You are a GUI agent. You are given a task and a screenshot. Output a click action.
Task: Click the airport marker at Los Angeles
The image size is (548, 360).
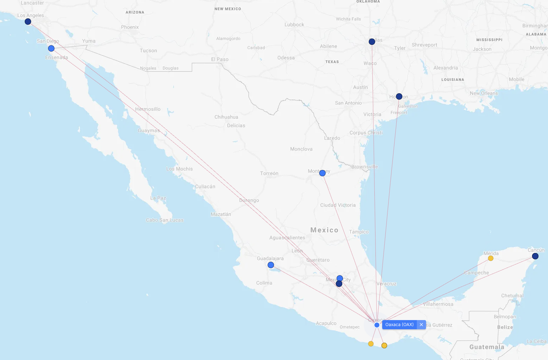[28, 22]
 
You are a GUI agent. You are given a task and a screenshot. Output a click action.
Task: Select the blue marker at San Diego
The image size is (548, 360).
[51, 48]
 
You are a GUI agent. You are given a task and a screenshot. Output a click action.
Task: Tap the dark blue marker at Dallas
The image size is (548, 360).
[372, 42]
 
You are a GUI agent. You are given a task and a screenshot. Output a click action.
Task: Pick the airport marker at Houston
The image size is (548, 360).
[399, 96]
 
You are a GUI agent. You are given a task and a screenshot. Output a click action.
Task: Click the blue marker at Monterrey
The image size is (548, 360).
[322, 173]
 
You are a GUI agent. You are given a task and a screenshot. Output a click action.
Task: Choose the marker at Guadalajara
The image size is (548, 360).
[271, 265]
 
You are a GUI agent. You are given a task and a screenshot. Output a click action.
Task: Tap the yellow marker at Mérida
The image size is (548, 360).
[490, 258]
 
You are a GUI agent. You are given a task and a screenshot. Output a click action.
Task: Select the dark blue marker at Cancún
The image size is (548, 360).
[535, 256]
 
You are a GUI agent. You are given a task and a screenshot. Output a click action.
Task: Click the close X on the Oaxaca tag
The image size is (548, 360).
[421, 325]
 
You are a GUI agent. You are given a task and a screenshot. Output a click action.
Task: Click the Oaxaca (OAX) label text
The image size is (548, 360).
[399, 325]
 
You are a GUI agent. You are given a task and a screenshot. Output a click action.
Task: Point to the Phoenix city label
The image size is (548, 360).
[130, 27]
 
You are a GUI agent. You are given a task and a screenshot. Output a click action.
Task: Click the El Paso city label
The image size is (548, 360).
[220, 59]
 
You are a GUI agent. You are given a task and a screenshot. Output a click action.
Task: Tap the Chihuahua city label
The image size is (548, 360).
[226, 117]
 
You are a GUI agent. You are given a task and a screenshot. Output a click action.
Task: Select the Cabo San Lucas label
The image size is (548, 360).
[165, 220]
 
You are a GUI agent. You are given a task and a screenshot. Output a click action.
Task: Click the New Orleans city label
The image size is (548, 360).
[484, 93]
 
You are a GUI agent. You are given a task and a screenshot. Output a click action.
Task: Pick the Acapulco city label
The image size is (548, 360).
[326, 323]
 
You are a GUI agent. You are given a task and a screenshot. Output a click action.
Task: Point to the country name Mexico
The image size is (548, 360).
[324, 230]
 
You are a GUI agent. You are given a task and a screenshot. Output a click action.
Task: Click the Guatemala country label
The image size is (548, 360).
[487, 347]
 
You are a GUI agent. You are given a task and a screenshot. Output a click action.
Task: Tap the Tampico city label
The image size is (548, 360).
[359, 232]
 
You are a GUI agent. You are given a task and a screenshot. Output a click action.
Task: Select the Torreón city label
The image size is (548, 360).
[269, 173]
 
